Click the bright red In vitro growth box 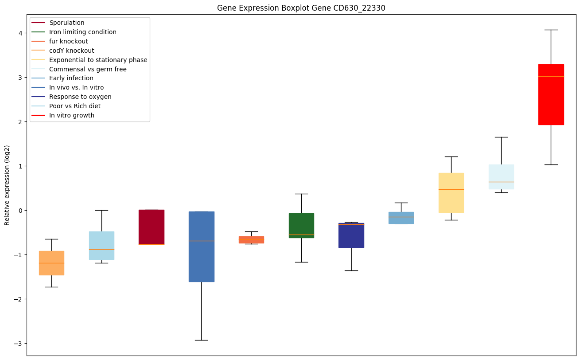click(x=551, y=94)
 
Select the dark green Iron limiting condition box click(x=301, y=225)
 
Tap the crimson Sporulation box click(x=152, y=227)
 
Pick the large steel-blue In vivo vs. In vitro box click(x=202, y=247)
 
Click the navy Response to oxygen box click(x=351, y=235)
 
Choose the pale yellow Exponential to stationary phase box click(x=451, y=192)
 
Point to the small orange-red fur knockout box click(x=251, y=240)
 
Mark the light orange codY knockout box click(x=51, y=263)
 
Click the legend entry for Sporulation click(x=67, y=23)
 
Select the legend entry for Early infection click(x=71, y=78)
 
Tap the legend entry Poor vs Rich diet click(x=75, y=106)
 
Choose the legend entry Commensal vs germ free click(x=88, y=69)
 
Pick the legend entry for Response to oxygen click(x=80, y=97)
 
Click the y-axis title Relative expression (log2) click(x=7, y=185)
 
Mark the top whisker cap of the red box click(x=551, y=30)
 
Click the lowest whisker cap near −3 click(x=202, y=340)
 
